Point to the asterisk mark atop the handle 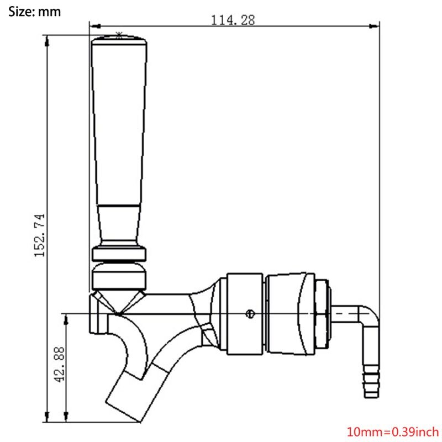coord(119,34)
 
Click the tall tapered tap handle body coord(119,127)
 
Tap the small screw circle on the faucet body coord(250,314)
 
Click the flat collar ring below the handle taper coord(119,255)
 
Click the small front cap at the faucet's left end coord(97,314)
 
